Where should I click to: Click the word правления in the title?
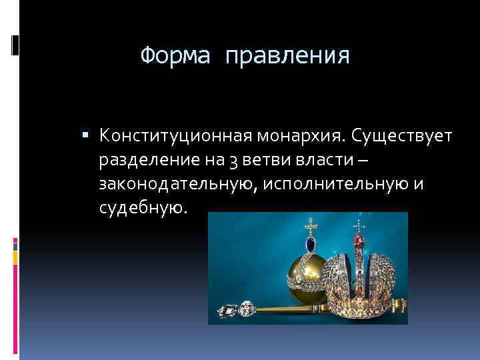coord(287,55)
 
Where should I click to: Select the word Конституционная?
coord(175,137)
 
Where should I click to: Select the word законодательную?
coord(175,185)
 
